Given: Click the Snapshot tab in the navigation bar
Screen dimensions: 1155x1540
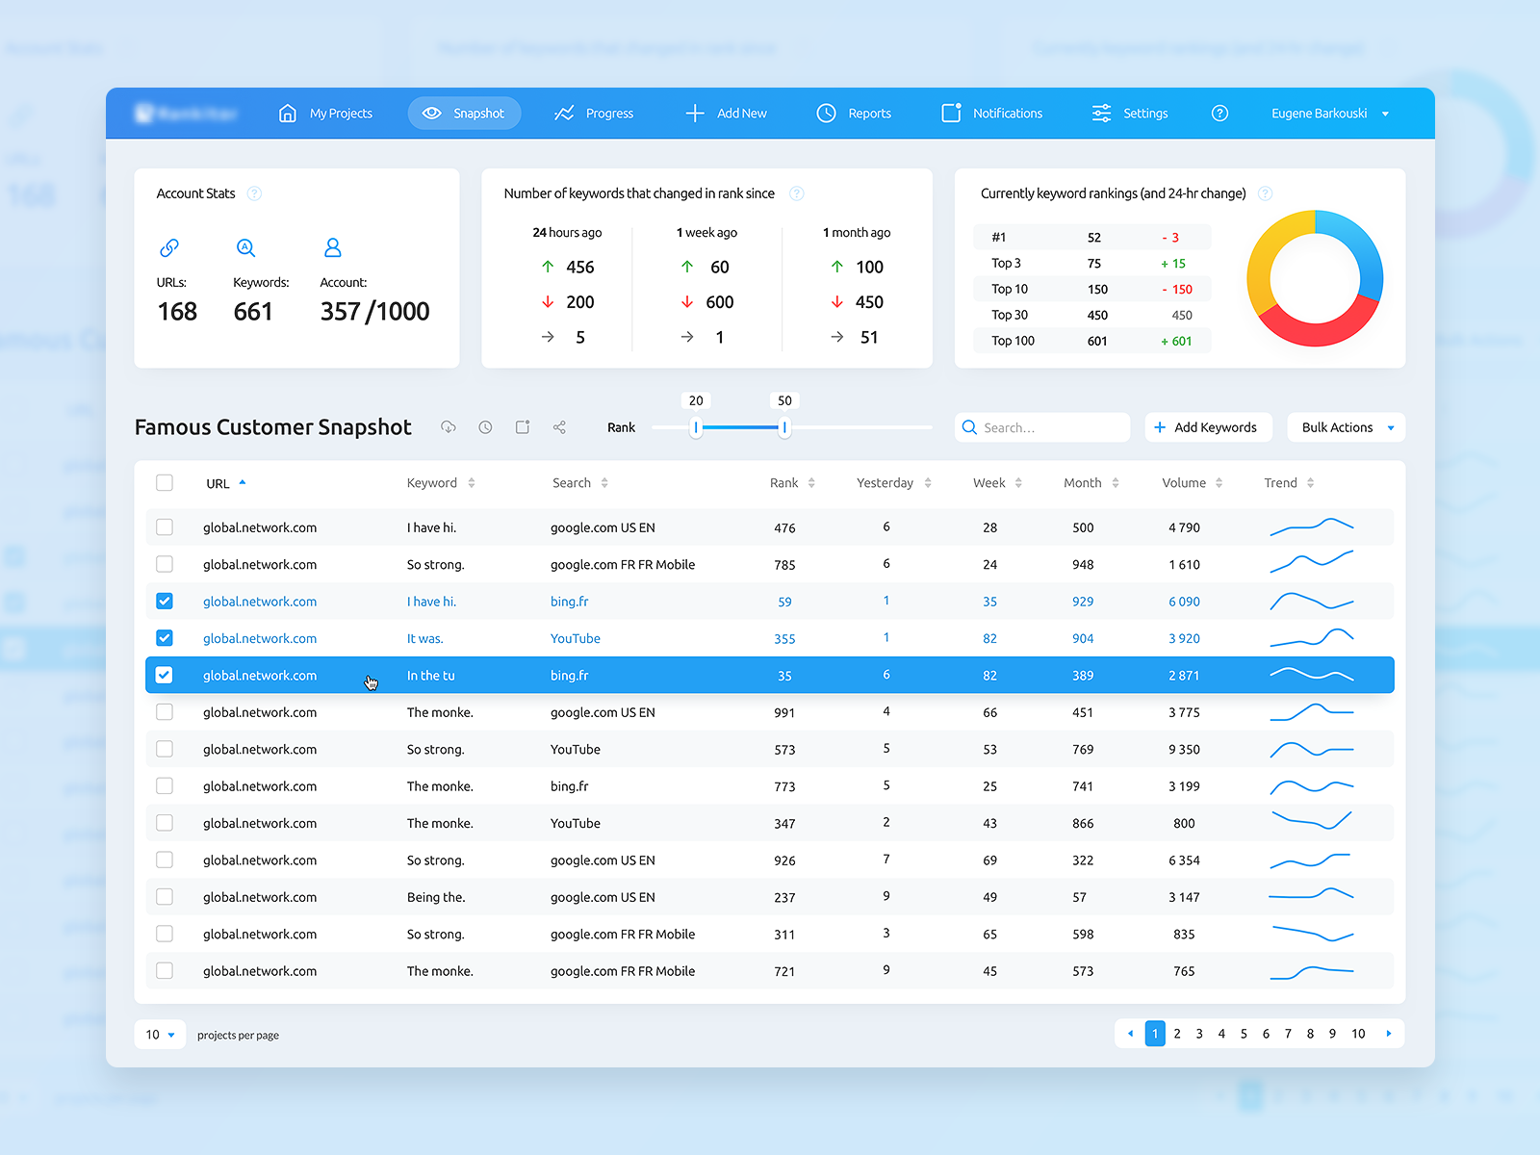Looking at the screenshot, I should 464,114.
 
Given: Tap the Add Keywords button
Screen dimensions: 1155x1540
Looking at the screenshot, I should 1207,427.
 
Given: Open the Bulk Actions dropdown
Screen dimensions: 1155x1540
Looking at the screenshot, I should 1346,427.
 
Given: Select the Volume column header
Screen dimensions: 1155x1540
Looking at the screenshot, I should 1184,483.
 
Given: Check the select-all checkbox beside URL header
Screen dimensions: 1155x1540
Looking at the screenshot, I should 165,483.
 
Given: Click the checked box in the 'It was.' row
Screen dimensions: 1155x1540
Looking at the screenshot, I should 165,638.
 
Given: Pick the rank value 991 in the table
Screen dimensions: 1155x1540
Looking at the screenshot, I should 784,713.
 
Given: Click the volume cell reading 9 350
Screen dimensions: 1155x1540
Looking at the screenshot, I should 1184,750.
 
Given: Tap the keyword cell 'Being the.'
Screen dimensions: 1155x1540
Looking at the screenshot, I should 436,897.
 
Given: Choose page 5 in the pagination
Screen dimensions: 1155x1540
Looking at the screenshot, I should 1244,1034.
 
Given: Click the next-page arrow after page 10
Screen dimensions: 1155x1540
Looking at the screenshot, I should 1388,1034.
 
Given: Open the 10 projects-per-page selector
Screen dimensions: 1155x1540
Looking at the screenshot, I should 160,1035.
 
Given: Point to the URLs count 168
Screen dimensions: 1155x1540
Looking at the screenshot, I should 177,312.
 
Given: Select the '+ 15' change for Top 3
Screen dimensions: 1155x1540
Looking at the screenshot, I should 1172,264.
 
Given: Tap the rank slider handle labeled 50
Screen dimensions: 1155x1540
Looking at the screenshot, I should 784,427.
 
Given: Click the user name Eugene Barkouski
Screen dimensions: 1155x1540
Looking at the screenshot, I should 1319,114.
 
